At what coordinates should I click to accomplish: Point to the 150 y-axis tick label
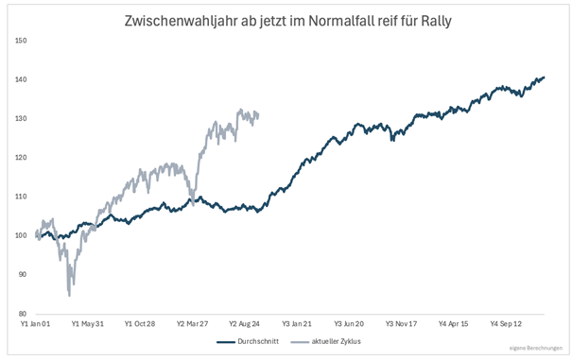point(21,41)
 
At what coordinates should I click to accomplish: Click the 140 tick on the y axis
point(21,79)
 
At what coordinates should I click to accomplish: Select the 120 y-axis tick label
point(21,158)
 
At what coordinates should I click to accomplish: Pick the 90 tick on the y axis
point(23,274)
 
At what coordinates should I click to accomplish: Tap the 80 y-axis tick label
point(23,314)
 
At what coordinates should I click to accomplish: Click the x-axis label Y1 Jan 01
point(35,324)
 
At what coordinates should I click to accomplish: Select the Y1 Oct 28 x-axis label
point(140,324)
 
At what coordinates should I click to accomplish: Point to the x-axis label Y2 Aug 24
point(244,324)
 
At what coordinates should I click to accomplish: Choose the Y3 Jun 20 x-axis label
point(349,324)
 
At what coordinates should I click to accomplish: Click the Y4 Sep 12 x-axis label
point(506,324)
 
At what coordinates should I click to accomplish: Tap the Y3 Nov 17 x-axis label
point(401,324)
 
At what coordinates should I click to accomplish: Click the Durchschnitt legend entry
point(248,342)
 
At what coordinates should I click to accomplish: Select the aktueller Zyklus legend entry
point(326,342)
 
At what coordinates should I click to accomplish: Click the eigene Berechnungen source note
point(536,349)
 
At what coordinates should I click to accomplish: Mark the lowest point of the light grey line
point(69,296)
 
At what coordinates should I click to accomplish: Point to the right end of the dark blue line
point(544,77)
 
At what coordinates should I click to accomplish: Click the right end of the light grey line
point(258,116)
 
